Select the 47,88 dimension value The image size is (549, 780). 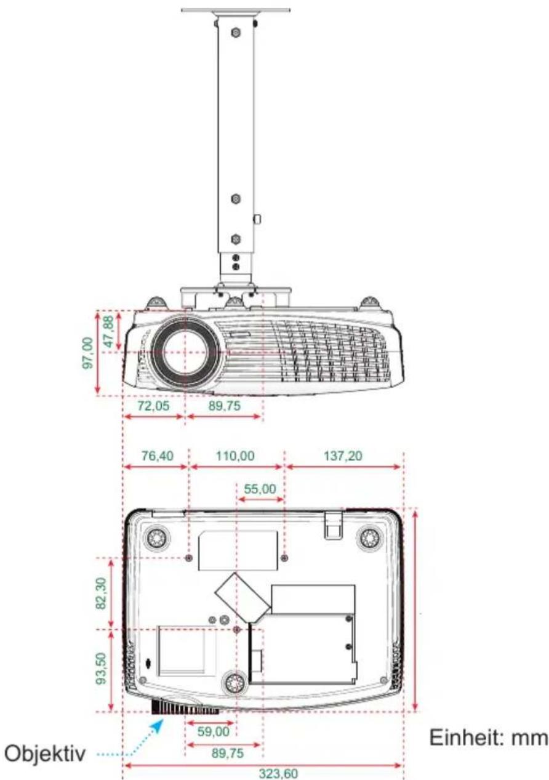point(108,331)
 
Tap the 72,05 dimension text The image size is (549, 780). point(153,406)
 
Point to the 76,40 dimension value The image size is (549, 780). point(157,456)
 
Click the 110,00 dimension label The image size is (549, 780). point(235,456)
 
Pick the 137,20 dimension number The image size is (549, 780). point(343,456)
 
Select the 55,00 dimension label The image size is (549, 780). point(260,489)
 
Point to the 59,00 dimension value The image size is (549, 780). point(214,731)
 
